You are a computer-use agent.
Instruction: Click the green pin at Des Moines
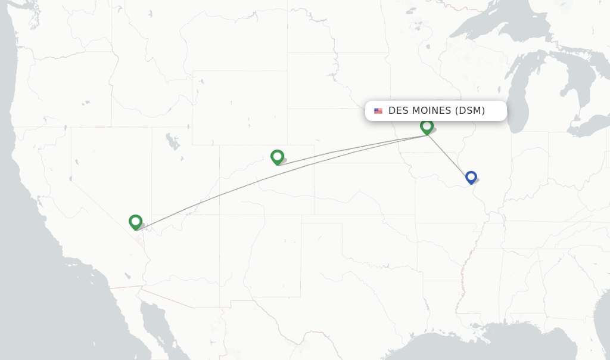click(427, 126)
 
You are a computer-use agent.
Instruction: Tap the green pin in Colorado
click(277, 157)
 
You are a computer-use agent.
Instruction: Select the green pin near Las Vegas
click(135, 222)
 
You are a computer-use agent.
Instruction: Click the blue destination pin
click(471, 177)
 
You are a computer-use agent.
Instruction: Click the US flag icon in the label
click(378, 111)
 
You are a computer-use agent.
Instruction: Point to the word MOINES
click(431, 111)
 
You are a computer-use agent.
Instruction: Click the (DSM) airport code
click(470, 111)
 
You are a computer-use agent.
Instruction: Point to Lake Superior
click(494, 24)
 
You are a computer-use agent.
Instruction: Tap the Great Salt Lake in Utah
click(173, 143)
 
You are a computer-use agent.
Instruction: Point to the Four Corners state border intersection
click(220, 215)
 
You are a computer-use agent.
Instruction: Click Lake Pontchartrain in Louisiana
click(475, 325)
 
